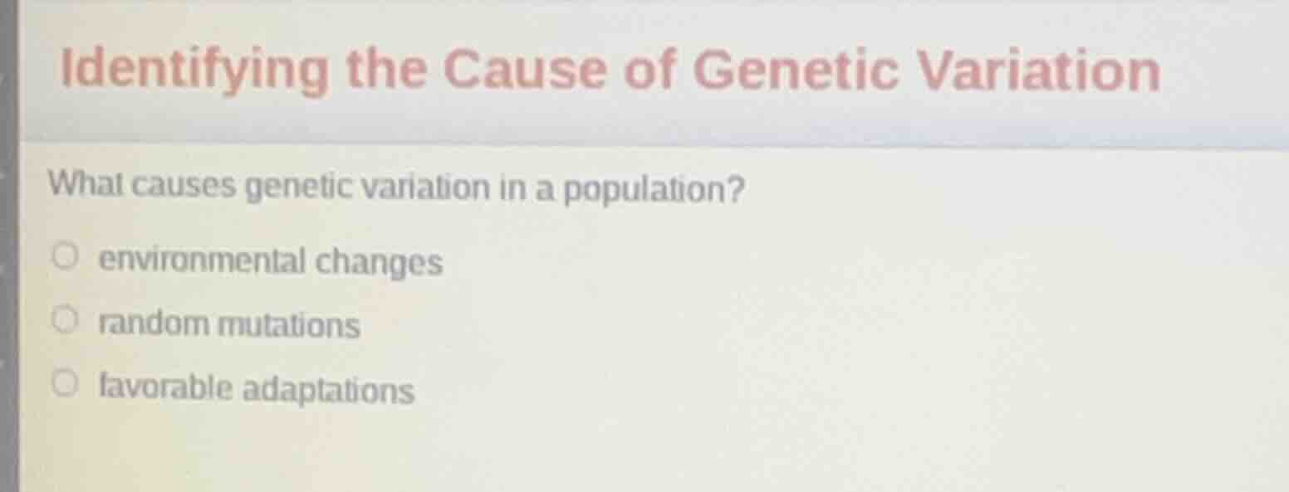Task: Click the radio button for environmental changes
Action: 66,257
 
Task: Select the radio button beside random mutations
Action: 66,319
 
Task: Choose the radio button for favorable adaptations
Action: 66,382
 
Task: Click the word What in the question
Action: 84,183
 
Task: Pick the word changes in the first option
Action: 379,265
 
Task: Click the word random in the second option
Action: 154,324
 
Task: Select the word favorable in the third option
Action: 166,387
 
